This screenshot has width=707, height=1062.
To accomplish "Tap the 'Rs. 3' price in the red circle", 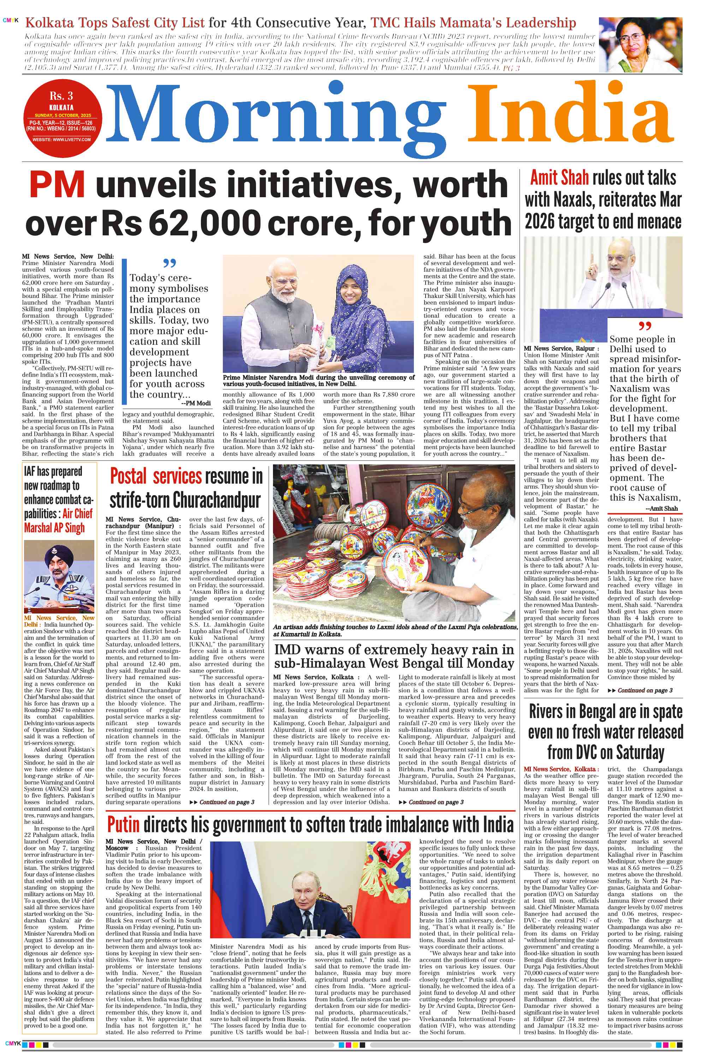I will (x=61, y=96).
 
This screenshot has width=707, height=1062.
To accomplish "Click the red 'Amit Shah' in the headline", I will (x=559, y=178).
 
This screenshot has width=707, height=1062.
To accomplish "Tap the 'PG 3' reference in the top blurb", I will (x=511, y=68).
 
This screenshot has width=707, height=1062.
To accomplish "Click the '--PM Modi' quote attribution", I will (x=196, y=403).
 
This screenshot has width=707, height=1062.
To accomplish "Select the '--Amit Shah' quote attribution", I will (x=661, y=509).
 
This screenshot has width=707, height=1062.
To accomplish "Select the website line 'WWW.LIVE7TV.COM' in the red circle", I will (x=61, y=140).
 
